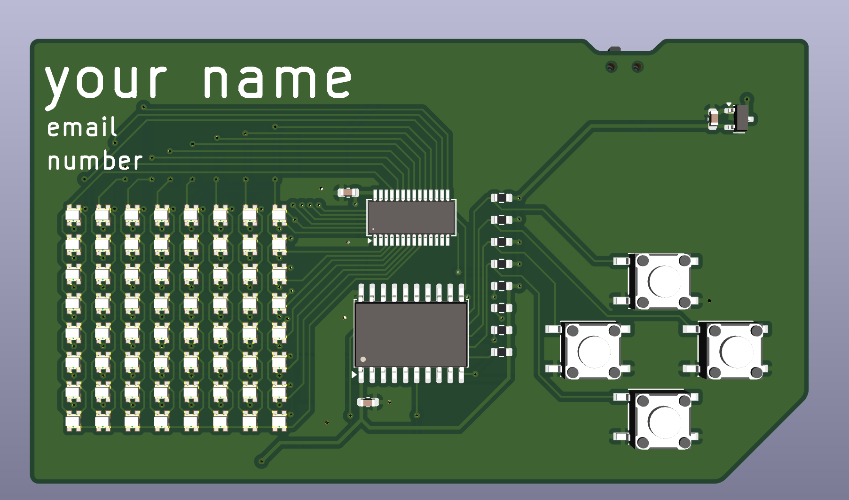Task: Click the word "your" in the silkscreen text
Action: click(106, 84)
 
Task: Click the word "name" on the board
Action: click(278, 81)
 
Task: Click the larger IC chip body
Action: click(411, 334)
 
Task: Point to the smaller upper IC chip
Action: click(411, 217)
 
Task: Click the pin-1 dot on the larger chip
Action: click(363, 359)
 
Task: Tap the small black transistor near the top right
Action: click(740, 117)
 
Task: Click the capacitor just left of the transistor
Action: click(713, 118)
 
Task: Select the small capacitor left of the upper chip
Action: click(348, 192)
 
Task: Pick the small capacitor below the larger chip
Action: click(368, 402)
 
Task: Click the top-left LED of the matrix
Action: click(73, 215)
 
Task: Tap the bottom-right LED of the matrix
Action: click(279, 421)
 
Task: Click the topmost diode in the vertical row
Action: click(501, 198)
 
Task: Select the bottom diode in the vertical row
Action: click(501, 352)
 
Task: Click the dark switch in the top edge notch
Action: click(614, 49)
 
